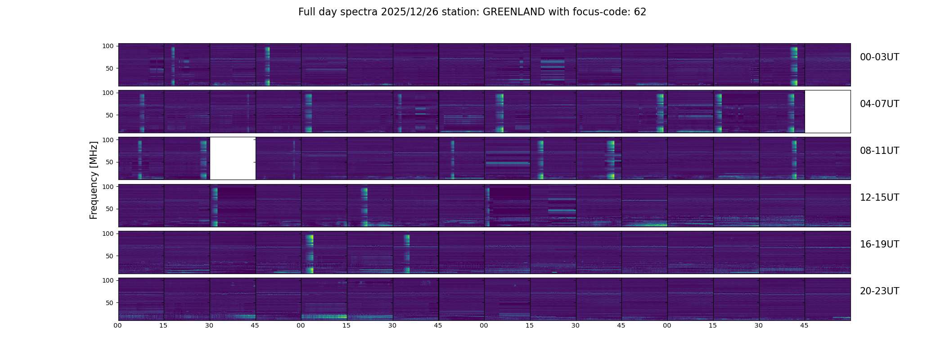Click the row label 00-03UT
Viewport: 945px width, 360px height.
point(879,57)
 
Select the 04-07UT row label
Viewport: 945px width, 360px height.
point(879,104)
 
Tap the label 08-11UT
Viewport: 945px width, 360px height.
point(879,151)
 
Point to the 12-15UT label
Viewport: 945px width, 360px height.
point(879,198)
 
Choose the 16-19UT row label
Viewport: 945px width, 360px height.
point(879,244)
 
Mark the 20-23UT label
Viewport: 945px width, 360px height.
point(879,291)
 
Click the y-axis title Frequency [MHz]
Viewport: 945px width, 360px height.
point(94,180)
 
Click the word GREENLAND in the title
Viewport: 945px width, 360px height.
point(514,12)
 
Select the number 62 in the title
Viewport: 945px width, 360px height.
point(640,12)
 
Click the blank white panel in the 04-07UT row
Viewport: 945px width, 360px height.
point(828,112)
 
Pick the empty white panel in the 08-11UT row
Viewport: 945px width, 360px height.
point(233,158)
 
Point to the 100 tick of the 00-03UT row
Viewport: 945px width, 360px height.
point(108,46)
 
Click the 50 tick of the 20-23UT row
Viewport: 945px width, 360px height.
point(109,303)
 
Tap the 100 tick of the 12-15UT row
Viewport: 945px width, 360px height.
point(108,186)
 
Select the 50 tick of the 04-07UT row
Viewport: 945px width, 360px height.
point(109,115)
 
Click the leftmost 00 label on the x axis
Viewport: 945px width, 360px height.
point(118,325)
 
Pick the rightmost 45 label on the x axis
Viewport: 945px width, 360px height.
point(805,325)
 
